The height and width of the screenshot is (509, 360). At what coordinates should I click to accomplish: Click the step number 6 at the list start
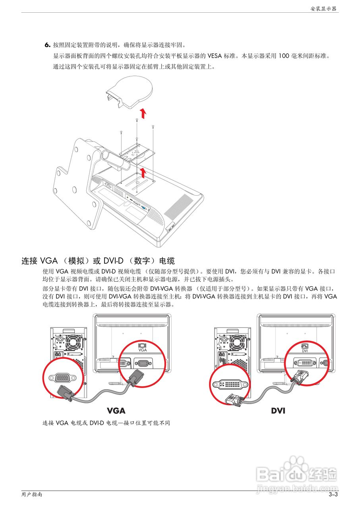point(47,45)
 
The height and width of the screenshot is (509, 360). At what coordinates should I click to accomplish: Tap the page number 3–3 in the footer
point(333,495)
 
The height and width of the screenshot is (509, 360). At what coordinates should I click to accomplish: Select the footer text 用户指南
point(32,495)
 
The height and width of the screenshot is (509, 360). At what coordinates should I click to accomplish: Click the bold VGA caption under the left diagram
point(116,410)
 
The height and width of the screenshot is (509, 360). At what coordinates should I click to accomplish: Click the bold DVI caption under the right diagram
point(278,410)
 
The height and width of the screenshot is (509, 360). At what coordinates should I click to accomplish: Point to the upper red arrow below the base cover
point(143,114)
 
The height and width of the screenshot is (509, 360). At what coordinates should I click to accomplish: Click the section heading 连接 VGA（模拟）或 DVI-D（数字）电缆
point(98,261)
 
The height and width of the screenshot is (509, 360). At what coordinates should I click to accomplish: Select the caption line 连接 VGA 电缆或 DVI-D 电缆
point(106,423)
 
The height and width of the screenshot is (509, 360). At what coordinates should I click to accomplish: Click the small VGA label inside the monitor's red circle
point(142,351)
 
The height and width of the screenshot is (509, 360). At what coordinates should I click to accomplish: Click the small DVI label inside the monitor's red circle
point(305,351)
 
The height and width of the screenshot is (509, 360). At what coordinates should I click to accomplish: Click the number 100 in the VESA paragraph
point(284,56)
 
